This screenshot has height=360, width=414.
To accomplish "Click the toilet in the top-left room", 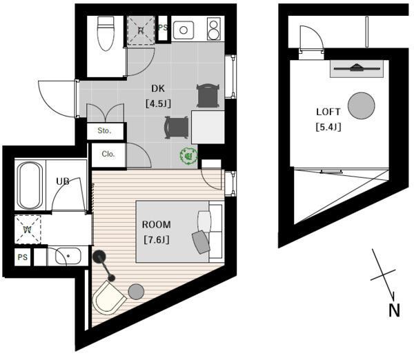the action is click(x=106, y=34).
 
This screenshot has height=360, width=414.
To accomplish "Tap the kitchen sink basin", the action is click(x=184, y=30).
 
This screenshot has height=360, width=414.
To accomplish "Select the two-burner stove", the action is click(x=214, y=29).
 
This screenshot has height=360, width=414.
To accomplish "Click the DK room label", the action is click(x=158, y=88).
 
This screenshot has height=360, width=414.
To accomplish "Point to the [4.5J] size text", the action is click(x=158, y=103).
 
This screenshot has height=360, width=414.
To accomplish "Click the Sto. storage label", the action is click(x=104, y=130).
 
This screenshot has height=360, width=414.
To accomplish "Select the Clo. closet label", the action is click(x=108, y=154).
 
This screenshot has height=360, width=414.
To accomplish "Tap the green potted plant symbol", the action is click(x=188, y=157).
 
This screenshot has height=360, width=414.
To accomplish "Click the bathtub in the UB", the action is click(x=30, y=185).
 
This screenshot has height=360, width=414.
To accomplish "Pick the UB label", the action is click(x=63, y=181).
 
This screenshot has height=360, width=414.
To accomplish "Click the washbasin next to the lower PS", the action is click(x=68, y=256).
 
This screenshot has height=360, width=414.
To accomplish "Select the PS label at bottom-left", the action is click(x=23, y=257).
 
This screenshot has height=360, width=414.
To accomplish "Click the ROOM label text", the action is click(x=157, y=225).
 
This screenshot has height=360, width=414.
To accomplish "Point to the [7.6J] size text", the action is click(x=157, y=240).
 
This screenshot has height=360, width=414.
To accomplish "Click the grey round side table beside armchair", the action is click(x=136, y=291).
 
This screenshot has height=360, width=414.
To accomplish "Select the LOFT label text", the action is click(x=328, y=112).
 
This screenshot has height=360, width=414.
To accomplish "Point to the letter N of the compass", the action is click(x=395, y=310).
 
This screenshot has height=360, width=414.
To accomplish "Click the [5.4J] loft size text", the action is click(x=328, y=127).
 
